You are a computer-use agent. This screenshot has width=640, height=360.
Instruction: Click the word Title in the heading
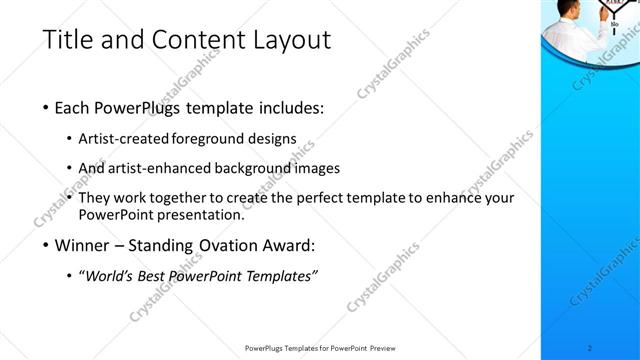point(67,41)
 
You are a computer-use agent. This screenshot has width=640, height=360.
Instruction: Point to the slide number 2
point(591,348)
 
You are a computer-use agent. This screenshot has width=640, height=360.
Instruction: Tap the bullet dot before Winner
point(46,246)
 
